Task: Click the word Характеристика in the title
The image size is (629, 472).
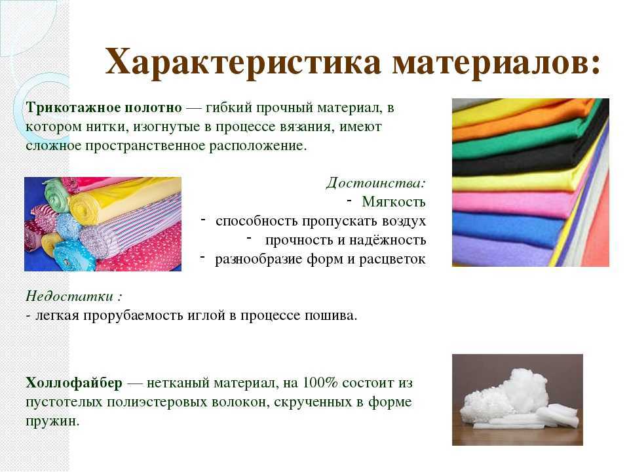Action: point(243,62)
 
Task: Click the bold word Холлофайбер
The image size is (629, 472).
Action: point(74,383)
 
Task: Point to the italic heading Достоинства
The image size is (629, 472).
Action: point(374,183)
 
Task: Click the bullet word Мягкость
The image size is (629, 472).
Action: point(394,201)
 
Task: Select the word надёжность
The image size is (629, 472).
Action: point(387,240)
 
